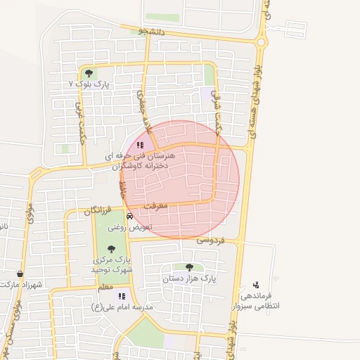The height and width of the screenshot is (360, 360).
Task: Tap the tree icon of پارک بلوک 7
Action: point(89,73)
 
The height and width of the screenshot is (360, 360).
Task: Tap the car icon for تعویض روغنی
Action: point(129,216)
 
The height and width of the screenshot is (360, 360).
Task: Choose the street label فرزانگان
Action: point(98,210)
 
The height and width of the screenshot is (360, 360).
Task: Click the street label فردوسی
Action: point(210,240)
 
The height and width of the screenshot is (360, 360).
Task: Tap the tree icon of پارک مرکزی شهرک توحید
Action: point(110,247)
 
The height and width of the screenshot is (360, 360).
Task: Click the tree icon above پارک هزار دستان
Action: point(189,267)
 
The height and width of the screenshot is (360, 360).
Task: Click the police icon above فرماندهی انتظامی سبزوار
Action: point(256,285)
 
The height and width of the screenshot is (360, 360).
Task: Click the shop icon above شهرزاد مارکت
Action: point(20,274)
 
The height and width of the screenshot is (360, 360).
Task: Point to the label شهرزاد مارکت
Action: point(22,284)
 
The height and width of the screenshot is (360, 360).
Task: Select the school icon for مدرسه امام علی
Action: point(121,297)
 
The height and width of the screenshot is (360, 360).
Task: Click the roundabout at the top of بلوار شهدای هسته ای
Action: point(262,42)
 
